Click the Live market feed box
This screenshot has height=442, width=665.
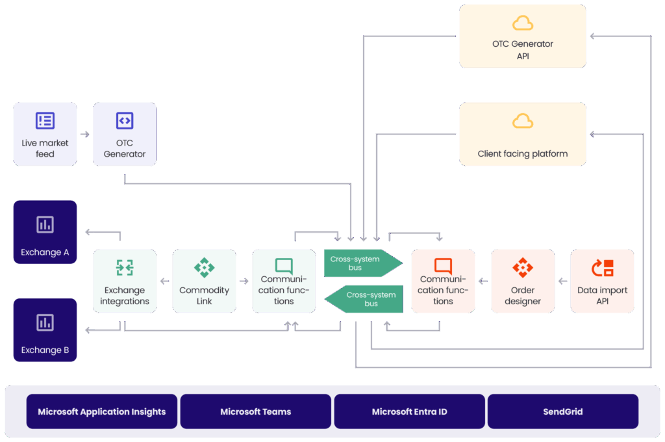click(x=45, y=134)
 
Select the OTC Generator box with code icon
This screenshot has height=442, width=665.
click(x=125, y=134)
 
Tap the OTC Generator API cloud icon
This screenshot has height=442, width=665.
click(x=523, y=24)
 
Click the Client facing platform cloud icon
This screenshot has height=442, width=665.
click(x=523, y=122)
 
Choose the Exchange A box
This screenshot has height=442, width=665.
click(x=45, y=232)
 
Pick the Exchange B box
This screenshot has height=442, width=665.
click(x=45, y=330)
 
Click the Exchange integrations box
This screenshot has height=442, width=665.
click(x=125, y=281)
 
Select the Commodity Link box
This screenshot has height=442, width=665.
click(x=205, y=281)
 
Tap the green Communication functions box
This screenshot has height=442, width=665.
click(x=284, y=281)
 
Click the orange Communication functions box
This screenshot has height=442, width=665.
click(x=443, y=281)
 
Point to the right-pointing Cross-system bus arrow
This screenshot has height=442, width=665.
click(x=360, y=263)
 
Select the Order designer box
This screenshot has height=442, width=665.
click(x=523, y=281)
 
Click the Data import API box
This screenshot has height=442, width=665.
click(x=602, y=281)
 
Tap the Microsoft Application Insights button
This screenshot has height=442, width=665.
click(x=102, y=411)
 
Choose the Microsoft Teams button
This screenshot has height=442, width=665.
click(x=256, y=411)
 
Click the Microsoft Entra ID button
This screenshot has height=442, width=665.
click(x=409, y=411)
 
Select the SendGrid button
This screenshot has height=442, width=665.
click(x=563, y=411)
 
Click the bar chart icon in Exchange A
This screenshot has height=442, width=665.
click(x=45, y=225)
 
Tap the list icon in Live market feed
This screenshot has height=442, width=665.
click(x=45, y=121)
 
